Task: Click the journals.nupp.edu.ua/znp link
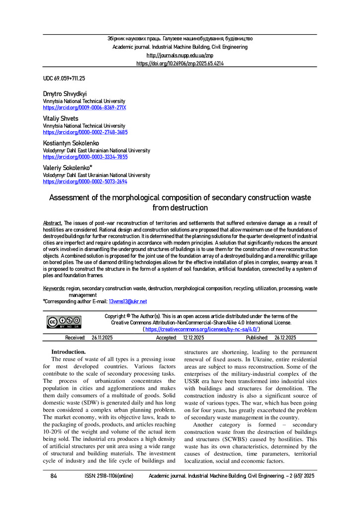point(180,55)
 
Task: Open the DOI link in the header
point(180,64)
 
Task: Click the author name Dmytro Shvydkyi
point(65,93)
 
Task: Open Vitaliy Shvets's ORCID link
point(85,133)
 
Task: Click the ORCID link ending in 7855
point(85,157)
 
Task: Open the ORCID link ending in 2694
point(85,181)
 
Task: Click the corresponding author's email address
point(127,301)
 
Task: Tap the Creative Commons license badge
point(64,322)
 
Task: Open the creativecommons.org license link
point(201,329)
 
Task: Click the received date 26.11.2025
point(103,338)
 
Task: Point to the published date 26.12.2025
point(285,338)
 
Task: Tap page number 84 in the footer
point(54,476)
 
